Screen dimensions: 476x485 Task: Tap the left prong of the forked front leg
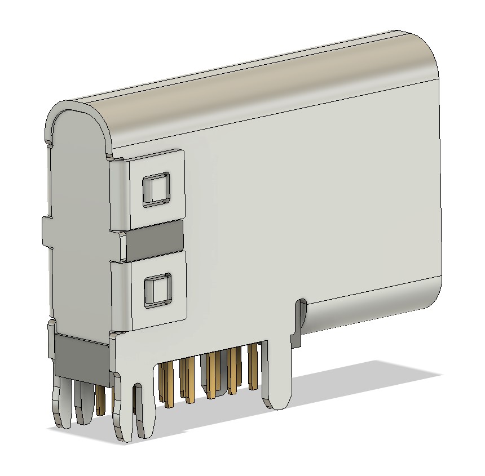(121, 411)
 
